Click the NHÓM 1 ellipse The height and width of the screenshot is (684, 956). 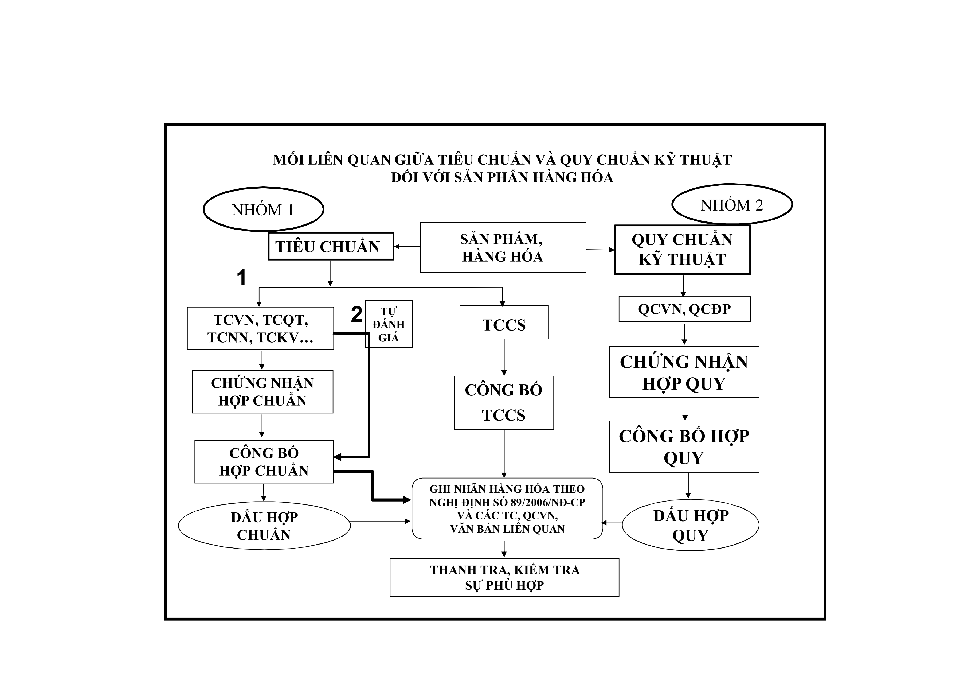click(x=263, y=209)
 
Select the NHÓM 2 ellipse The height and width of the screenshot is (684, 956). click(x=732, y=205)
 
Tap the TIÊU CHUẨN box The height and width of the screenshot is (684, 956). click(x=331, y=246)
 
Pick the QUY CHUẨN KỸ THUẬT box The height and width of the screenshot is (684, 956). click(x=682, y=250)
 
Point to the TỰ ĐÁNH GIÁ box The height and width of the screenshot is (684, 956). click(x=389, y=324)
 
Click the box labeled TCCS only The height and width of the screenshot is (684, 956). click(x=504, y=322)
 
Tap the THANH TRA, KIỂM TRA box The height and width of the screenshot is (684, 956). click(x=504, y=577)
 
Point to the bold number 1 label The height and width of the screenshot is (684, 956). click(x=241, y=278)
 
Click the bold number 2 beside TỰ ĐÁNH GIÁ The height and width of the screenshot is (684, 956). click(x=356, y=315)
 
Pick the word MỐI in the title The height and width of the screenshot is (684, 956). click(x=288, y=160)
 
